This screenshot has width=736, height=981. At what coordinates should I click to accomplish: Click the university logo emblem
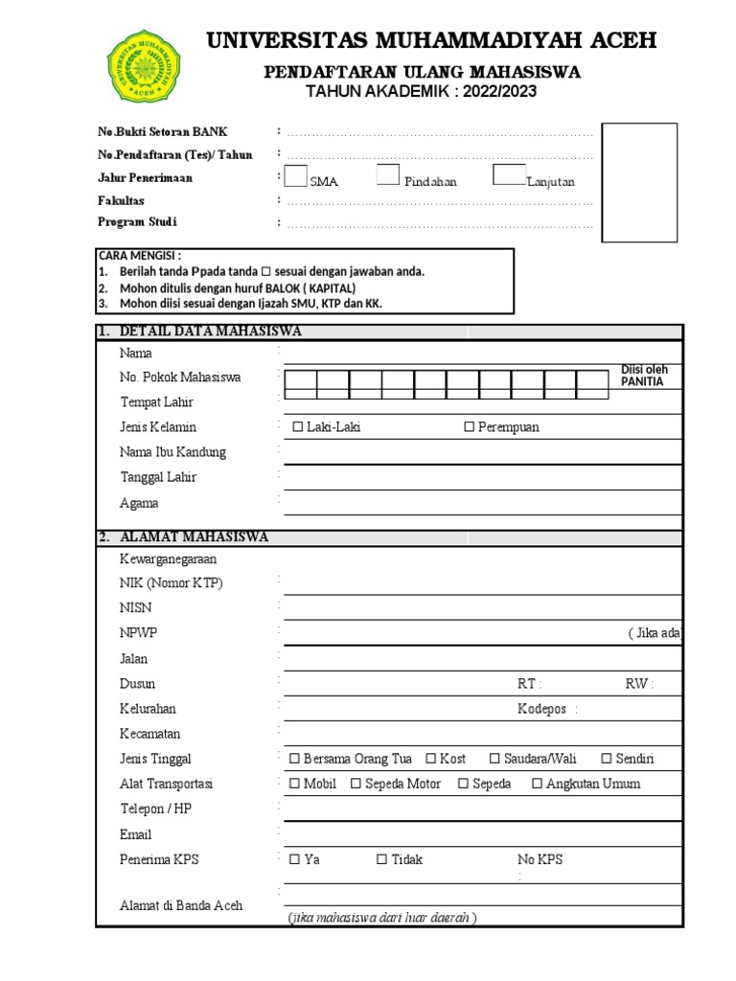[143, 65]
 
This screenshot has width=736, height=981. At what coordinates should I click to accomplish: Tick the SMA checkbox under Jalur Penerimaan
[296, 176]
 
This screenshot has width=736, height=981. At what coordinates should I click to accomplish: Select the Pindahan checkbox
[387, 174]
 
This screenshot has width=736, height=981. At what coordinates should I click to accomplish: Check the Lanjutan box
[509, 174]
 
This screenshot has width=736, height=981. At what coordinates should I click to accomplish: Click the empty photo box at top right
[639, 183]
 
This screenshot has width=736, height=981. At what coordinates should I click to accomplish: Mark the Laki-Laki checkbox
[297, 427]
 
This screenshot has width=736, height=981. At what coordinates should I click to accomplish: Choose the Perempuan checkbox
[470, 427]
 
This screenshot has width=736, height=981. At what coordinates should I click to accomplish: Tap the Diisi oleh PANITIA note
[645, 376]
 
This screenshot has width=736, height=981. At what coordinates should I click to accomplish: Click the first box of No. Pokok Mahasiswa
[301, 384]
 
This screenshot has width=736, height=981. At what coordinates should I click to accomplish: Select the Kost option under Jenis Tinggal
[431, 759]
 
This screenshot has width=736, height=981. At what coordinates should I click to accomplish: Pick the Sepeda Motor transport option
[356, 784]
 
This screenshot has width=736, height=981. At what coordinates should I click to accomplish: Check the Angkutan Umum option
[538, 784]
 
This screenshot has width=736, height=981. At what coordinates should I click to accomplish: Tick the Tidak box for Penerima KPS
[381, 859]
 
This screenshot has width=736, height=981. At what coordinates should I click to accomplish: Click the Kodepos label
[541, 709]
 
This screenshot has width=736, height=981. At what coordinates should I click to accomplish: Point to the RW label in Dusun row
[638, 684]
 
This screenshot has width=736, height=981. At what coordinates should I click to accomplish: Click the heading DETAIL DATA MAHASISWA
[211, 331]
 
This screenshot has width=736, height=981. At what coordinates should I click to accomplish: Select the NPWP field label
[136, 633]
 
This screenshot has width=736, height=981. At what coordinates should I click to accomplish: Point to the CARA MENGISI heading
[140, 256]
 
